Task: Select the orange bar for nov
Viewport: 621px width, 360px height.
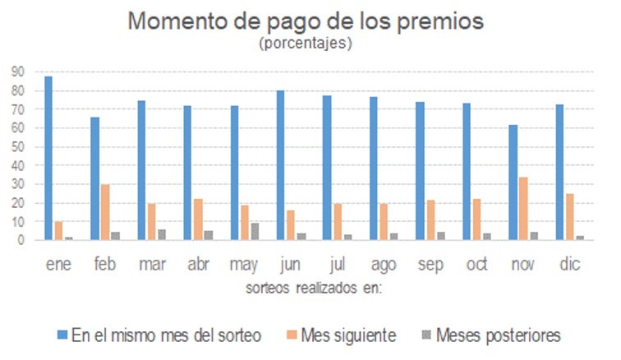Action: (x=523, y=209)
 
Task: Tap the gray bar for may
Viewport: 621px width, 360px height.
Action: (x=255, y=232)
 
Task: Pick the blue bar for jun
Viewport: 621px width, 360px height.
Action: (x=281, y=165)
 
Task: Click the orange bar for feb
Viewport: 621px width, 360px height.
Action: (x=105, y=212)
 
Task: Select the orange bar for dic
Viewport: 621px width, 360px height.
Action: (x=570, y=217)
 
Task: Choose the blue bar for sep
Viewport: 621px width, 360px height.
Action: (x=420, y=171)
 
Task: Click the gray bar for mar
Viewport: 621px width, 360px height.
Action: (x=163, y=235)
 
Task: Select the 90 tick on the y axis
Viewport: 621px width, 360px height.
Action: (x=17, y=72)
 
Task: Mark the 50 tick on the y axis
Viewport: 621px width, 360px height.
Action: (x=17, y=146)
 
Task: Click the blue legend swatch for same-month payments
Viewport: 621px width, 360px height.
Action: (x=62, y=335)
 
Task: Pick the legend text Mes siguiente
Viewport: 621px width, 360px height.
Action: (x=349, y=335)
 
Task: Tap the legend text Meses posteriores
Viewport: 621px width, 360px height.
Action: (x=499, y=335)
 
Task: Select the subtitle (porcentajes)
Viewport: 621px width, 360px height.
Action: (x=306, y=44)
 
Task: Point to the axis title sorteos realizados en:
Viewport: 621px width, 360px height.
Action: (x=315, y=289)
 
